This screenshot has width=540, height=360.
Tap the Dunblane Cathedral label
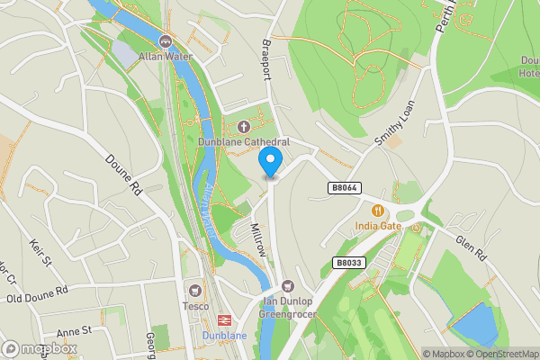tap(245, 142)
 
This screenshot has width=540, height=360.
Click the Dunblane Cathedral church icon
tap(244, 127)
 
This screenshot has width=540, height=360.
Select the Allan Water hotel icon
tap(165, 40)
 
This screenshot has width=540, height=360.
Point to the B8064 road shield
tap(344, 188)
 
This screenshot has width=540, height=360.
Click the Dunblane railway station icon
tap(221, 319)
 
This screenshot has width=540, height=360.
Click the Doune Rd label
tap(124, 175)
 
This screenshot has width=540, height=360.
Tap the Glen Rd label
tap(471, 244)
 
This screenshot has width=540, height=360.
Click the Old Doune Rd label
tap(38, 295)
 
